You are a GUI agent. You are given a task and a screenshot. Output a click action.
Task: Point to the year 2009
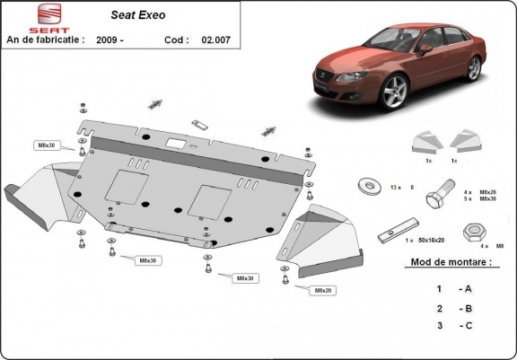pos(110,40)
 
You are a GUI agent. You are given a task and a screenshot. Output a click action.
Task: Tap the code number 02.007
pos(215,40)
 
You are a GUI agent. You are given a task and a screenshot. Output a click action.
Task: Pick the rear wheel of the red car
pos(474,68)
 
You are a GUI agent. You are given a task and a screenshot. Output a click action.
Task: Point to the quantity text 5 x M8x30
pos(479,198)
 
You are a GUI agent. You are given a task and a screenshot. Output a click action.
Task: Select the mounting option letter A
pos(466,289)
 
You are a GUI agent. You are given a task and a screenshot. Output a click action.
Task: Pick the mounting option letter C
pos(466,327)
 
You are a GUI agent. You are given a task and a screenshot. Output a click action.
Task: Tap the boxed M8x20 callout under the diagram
pos(321,290)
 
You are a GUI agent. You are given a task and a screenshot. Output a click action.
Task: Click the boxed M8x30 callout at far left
pos(46,145)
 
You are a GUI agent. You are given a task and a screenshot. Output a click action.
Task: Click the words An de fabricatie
pos(46,40)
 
